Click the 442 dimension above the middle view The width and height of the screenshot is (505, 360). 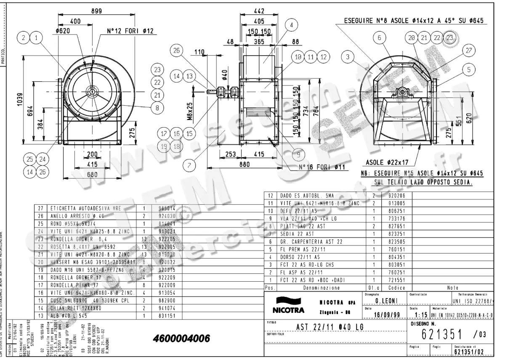pyautogui.click(x=260, y=11)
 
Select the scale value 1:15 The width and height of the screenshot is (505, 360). pyautogui.click(x=421, y=315)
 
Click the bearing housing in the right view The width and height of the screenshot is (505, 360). pyautogui.click(x=402, y=92)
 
